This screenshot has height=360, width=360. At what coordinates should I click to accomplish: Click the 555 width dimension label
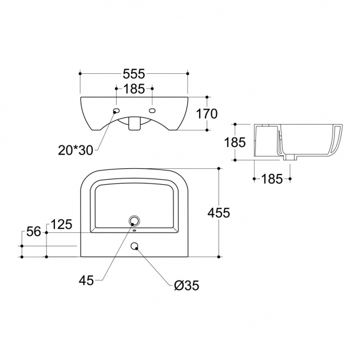(x=134, y=74)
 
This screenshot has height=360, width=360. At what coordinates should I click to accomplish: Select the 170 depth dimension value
(x=207, y=114)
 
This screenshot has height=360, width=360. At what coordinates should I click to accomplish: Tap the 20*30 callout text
(x=76, y=151)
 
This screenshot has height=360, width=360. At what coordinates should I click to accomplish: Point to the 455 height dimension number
(x=219, y=212)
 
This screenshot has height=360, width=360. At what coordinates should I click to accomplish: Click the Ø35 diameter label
(x=187, y=286)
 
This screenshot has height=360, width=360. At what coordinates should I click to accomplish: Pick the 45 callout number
(x=86, y=280)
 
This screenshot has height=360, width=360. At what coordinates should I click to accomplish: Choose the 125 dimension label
(x=61, y=224)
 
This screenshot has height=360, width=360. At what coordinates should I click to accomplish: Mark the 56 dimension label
(x=34, y=231)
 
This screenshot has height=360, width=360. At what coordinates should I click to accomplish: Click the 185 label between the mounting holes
(x=134, y=89)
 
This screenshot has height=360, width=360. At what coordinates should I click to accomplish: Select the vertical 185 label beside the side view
(x=235, y=142)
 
